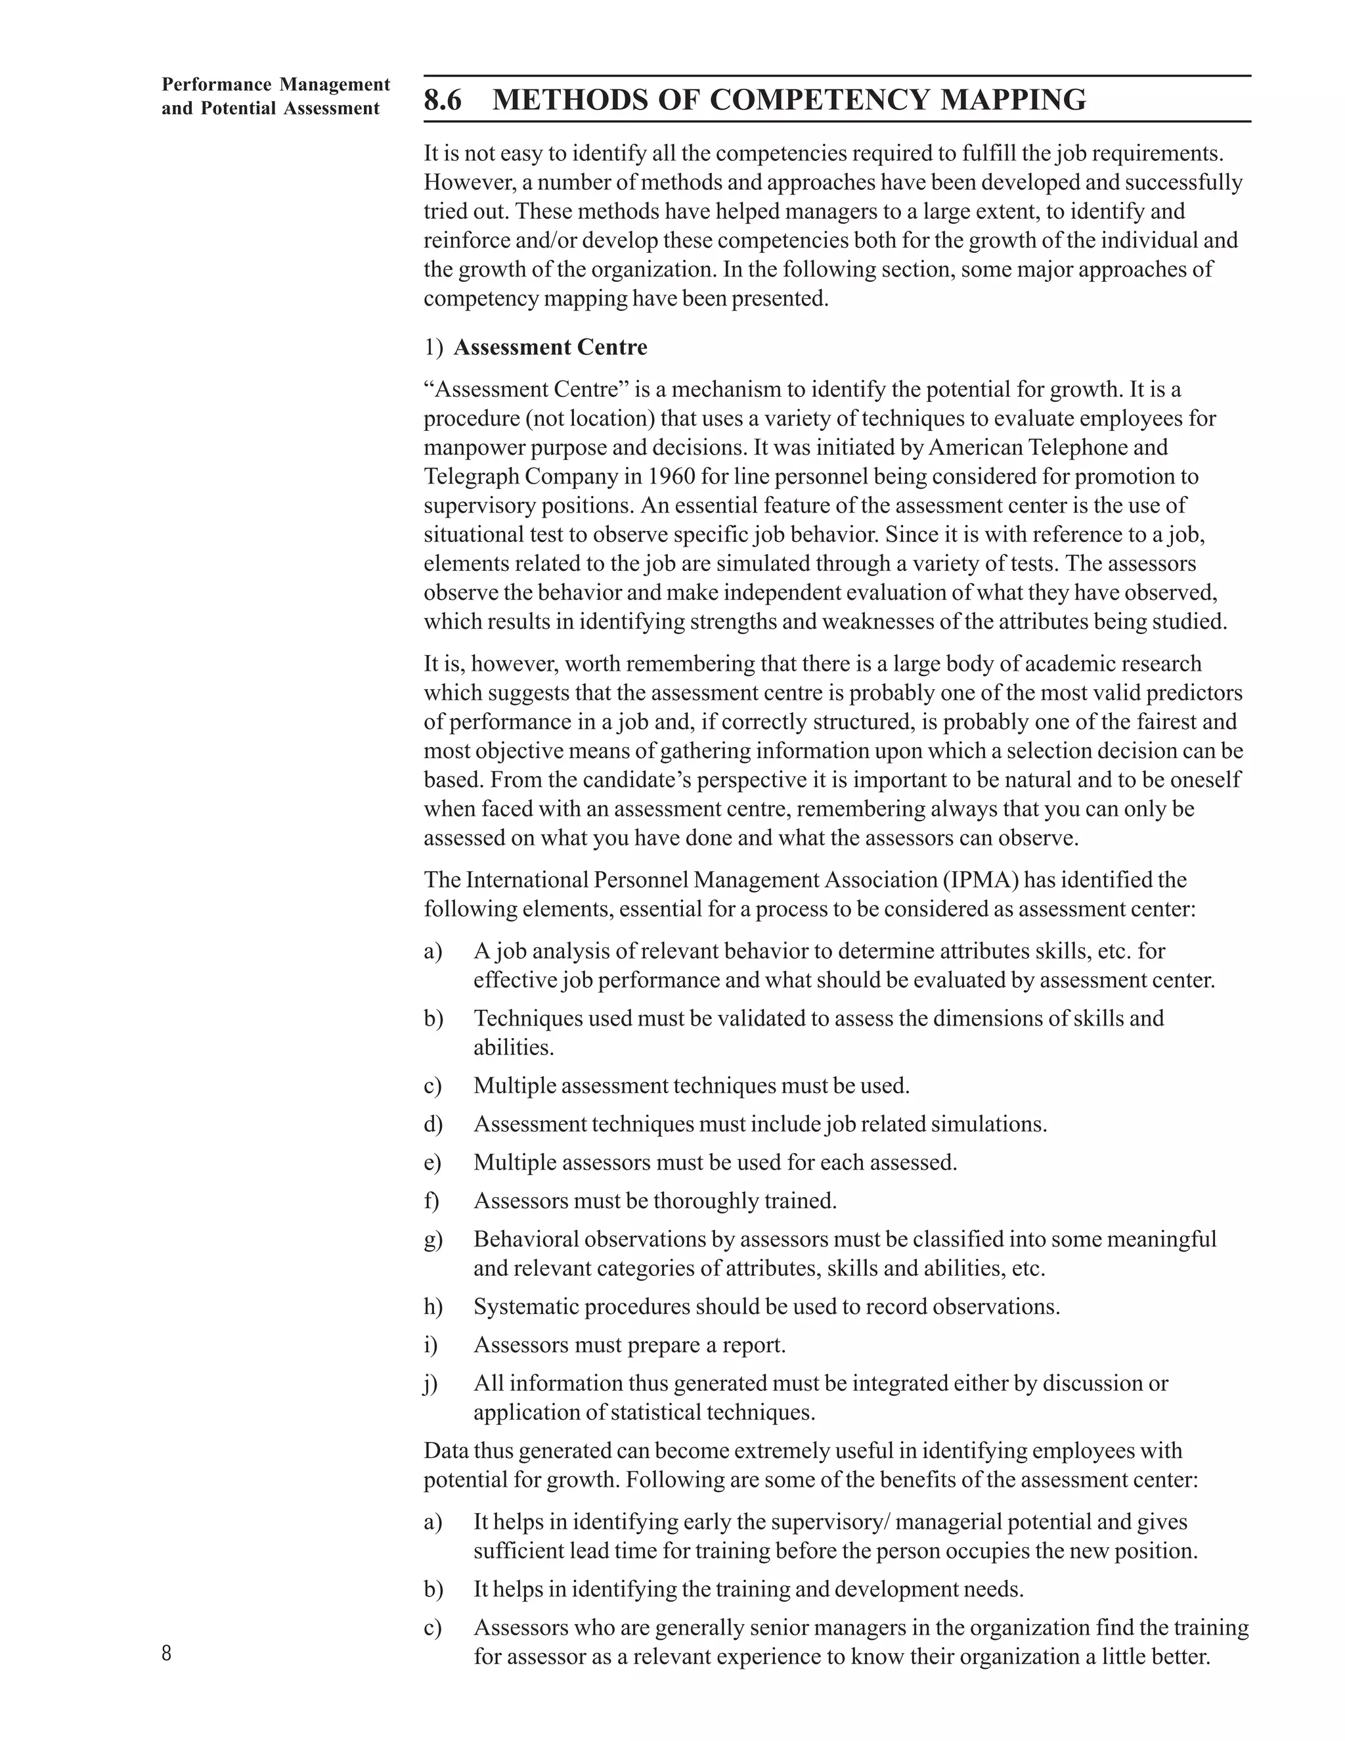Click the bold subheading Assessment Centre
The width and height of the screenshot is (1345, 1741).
(x=550, y=348)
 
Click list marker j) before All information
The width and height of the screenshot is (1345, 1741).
(x=431, y=1383)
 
